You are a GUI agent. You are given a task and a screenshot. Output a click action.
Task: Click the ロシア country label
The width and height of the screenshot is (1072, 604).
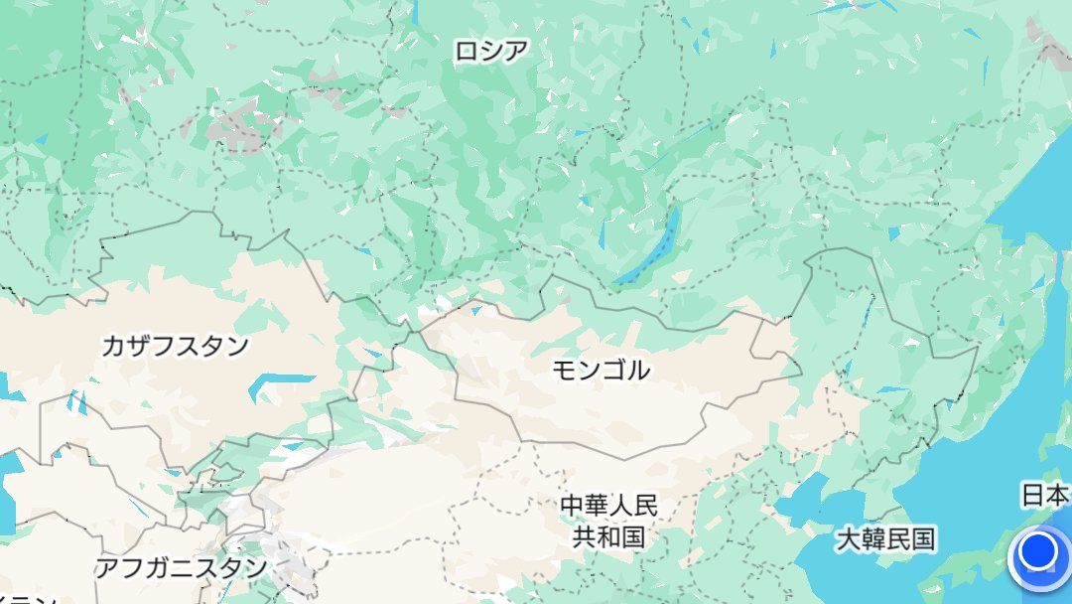click(x=490, y=51)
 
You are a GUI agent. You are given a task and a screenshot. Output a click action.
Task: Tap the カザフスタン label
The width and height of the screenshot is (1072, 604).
click(x=175, y=346)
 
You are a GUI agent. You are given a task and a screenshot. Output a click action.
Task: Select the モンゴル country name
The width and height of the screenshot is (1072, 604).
click(x=601, y=370)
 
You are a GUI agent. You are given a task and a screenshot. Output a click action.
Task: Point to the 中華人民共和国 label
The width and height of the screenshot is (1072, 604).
click(x=608, y=521)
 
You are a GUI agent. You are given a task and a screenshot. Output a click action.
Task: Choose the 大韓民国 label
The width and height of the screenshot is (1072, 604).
click(x=885, y=539)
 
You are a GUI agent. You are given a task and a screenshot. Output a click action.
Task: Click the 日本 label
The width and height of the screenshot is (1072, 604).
click(x=1045, y=494)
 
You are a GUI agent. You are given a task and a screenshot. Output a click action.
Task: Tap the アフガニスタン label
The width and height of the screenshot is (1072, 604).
click(x=181, y=568)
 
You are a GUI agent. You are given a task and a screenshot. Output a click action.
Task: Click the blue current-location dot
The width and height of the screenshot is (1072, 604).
click(x=1038, y=551)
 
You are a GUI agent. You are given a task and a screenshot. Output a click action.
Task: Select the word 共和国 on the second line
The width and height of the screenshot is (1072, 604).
click(x=608, y=537)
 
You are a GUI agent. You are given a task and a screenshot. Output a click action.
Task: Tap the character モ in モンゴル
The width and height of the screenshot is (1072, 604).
click(x=564, y=370)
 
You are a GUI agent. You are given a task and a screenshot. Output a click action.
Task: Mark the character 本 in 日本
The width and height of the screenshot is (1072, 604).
click(x=1058, y=494)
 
